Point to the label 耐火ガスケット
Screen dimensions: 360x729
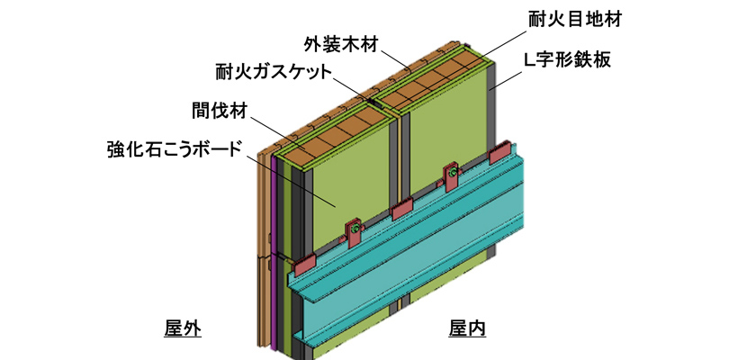click(274, 71)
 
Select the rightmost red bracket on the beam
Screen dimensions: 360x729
click(500, 155)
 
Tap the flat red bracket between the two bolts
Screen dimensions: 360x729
click(401, 209)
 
